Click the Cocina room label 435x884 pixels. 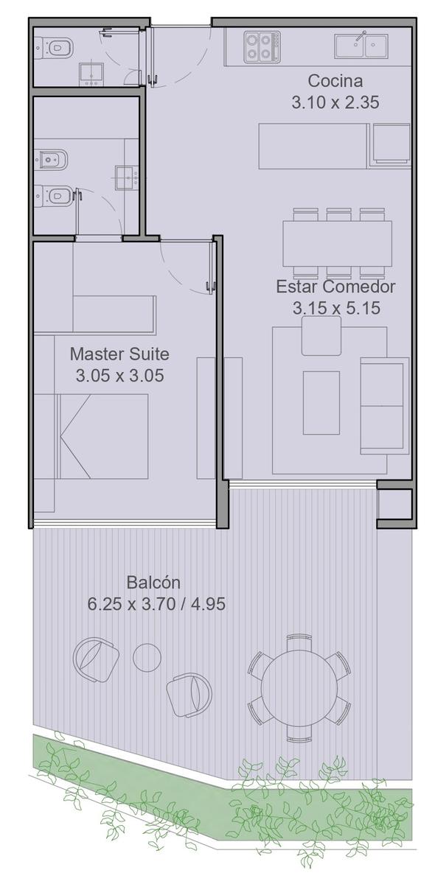tap(335, 81)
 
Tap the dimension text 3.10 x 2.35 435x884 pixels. tap(335, 102)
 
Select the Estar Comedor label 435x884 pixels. tap(335, 287)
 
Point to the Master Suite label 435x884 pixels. tap(119, 354)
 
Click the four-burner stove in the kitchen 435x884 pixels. tap(262, 47)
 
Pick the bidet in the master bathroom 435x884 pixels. tap(51, 160)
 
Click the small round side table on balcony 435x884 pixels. tap(147, 657)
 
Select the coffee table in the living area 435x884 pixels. tap(321, 402)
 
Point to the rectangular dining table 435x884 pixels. tap(337, 244)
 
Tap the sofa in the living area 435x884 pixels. tap(384, 406)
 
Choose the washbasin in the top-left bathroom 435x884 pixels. tap(91, 74)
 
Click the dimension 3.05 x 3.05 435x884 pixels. tap(119, 375)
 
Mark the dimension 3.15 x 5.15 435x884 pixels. tap(336, 308)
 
